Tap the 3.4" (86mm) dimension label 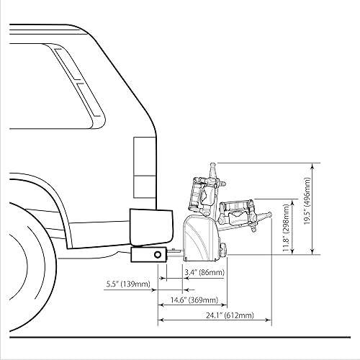[204, 273]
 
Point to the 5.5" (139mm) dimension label [126, 284]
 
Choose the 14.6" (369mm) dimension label [193, 300]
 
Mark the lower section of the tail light [144, 187]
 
